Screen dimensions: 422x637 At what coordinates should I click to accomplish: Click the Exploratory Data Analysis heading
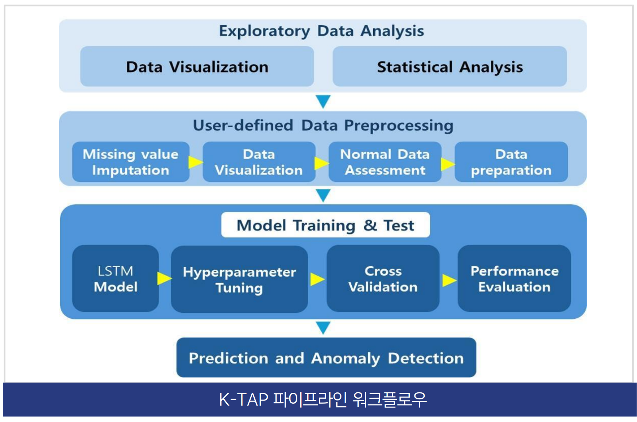tap(321, 31)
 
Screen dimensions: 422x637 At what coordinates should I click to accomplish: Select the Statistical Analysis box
tap(449, 66)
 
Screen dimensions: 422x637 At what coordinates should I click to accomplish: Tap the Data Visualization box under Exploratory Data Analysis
tap(197, 66)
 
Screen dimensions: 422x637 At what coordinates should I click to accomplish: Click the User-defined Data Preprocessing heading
tap(323, 125)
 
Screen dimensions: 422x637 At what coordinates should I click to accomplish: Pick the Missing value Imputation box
tap(131, 162)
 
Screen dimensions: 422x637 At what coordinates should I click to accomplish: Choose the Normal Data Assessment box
tap(385, 162)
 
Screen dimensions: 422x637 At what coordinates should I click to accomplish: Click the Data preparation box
tap(511, 162)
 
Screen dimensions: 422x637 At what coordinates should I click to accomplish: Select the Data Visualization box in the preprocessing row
tap(259, 162)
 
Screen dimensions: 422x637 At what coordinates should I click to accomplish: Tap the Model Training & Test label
tap(325, 225)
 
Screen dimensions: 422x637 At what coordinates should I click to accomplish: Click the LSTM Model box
tap(116, 279)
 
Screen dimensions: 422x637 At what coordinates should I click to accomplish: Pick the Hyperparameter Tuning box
tap(239, 279)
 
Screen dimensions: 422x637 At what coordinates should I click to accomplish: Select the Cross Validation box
tap(383, 279)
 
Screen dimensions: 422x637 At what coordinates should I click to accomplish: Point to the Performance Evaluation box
tap(514, 279)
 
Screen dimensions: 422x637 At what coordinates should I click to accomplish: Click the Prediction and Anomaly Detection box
tap(326, 358)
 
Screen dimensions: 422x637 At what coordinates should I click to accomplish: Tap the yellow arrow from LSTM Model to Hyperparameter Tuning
tap(164, 278)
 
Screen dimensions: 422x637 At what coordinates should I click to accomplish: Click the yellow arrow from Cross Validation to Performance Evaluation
tap(449, 280)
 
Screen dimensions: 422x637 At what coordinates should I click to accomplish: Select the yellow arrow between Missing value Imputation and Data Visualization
tap(196, 162)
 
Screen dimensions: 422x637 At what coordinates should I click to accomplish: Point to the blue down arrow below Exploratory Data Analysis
tap(323, 101)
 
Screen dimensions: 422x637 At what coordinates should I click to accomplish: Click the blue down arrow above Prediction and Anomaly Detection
tap(323, 327)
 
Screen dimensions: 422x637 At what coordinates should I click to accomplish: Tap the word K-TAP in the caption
tap(244, 399)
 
